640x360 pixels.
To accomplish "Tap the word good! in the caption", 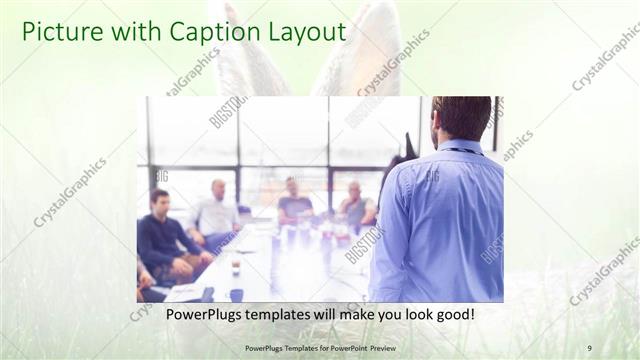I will pyautogui.click(x=454, y=315).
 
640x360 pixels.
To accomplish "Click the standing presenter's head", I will pyautogui.click(x=461, y=117).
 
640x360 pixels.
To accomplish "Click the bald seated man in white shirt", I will pyautogui.click(x=216, y=213).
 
